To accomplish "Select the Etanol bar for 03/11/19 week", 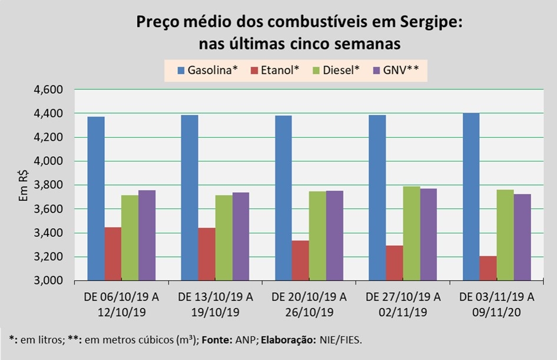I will pos(488,268).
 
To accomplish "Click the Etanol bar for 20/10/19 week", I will pos(300,260).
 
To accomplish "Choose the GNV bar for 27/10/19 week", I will pos(428,234).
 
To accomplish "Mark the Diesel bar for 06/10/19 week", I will pos(130,237).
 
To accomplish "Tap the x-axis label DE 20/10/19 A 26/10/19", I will pos(309,303).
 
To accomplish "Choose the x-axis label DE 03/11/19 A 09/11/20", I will pos(496,303).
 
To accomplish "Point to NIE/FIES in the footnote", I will pos(344,340).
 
